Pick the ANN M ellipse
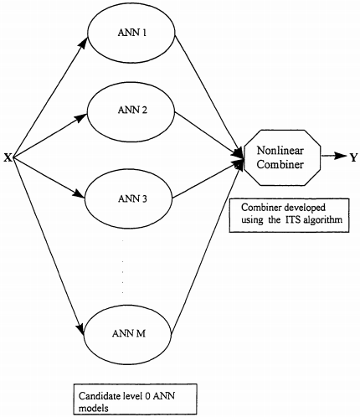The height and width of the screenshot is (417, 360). coord(130,332)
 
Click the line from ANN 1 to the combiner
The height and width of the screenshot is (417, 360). coord(206,91)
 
